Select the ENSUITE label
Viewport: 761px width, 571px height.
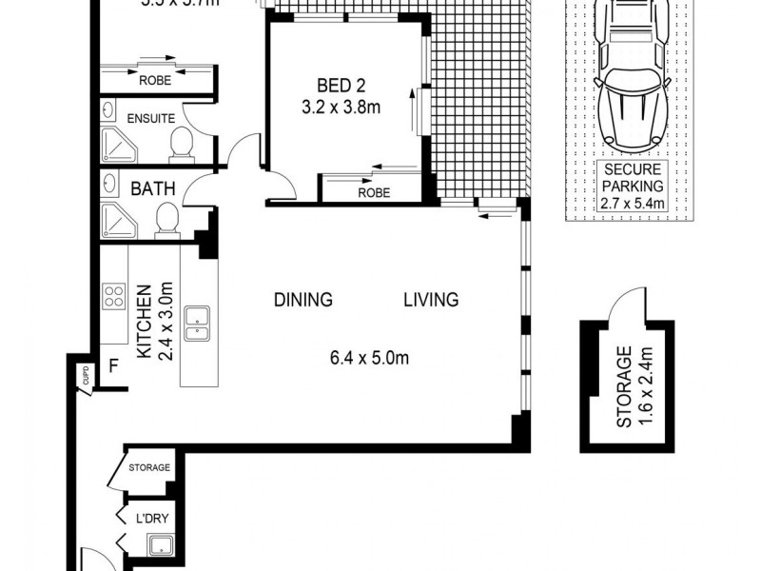coord(150,119)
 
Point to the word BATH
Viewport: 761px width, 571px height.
coord(152,188)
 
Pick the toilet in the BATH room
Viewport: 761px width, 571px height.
coord(166,221)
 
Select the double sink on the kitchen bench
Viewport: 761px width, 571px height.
coord(198,324)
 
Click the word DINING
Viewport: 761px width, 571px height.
coord(302,300)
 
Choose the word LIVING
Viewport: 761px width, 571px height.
coord(430,300)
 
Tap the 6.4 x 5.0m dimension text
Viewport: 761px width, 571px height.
coord(369,359)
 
